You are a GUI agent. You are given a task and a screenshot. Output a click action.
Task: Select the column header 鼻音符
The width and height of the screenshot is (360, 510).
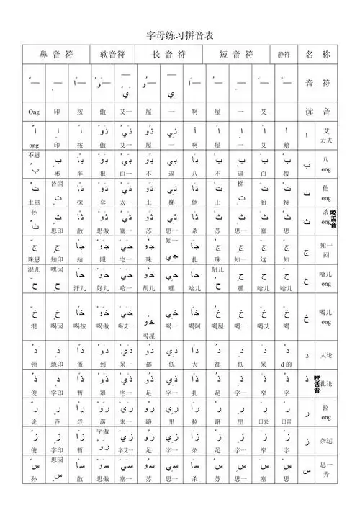pyautogui.click(x=56, y=55)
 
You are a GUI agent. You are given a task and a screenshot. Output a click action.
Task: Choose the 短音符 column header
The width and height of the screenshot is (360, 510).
pyautogui.click(x=235, y=55)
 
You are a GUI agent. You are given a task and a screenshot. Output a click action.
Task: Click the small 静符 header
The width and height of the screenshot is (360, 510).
pyautogui.click(x=284, y=55)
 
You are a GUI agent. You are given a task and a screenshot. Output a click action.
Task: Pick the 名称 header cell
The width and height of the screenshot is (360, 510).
pyautogui.click(x=318, y=55)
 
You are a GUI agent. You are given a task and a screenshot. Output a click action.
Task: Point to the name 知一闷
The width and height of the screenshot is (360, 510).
pyautogui.click(x=327, y=249)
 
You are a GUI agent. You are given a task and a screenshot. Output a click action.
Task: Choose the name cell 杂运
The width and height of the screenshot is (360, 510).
pyautogui.click(x=327, y=439)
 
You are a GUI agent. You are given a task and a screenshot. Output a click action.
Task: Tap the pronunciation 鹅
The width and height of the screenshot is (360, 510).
pyautogui.click(x=287, y=145)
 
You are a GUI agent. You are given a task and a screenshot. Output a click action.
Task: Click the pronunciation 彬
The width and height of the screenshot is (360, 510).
pyautogui.click(x=58, y=174)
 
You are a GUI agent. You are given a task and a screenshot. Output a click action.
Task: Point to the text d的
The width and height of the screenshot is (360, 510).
pyautogui.click(x=287, y=365)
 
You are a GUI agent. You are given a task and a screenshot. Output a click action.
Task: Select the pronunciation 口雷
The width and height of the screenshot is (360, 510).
pyautogui.click(x=287, y=421)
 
